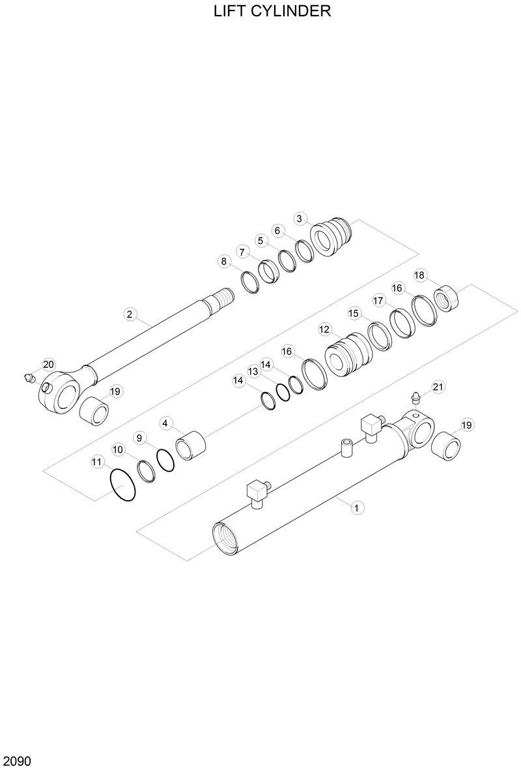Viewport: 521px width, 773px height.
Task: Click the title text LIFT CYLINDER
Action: pyautogui.click(x=272, y=11)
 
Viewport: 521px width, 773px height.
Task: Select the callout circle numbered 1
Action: pyautogui.click(x=356, y=507)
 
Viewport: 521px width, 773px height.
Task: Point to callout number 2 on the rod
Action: pyautogui.click(x=130, y=315)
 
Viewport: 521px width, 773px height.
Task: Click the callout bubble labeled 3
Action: pyautogui.click(x=300, y=218)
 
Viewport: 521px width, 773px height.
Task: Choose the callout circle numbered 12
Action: pyautogui.click(x=324, y=330)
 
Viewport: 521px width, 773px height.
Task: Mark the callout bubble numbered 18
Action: pyautogui.click(x=419, y=275)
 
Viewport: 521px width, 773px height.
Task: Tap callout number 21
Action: pyautogui.click(x=438, y=387)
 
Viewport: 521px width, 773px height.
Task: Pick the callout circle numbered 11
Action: pyautogui.click(x=97, y=462)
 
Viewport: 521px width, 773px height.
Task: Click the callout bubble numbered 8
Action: pyautogui.click(x=224, y=262)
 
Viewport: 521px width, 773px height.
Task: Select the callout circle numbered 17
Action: pyautogui.click(x=378, y=300)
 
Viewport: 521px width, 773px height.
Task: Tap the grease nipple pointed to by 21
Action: pyautogui.click(x=415, y=398)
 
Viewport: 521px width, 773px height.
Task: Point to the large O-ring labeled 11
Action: pyautogui.click(x=123, y=486)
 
